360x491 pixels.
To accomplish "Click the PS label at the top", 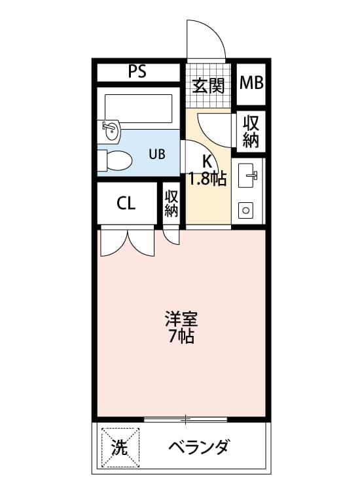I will click(137, 72).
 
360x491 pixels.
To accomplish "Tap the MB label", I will click(251, 83).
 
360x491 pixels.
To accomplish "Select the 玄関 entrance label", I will click(209, 85).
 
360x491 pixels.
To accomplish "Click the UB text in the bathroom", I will click(156, 155).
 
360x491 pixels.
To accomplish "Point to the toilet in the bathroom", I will click(117, 159).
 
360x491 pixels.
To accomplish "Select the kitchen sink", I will click(248, 173).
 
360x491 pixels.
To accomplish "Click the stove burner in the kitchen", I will click(247, 210).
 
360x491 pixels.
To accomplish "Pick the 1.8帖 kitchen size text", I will click(207, 179).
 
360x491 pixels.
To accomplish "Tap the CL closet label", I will click(126, 203).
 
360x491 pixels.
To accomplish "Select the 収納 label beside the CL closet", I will click(171, 203).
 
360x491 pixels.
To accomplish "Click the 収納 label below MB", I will click(251, 131).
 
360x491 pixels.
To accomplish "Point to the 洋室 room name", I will click(181, 321).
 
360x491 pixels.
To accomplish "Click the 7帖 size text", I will click(181, 338).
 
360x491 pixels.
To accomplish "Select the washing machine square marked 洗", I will click(120, 447).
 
